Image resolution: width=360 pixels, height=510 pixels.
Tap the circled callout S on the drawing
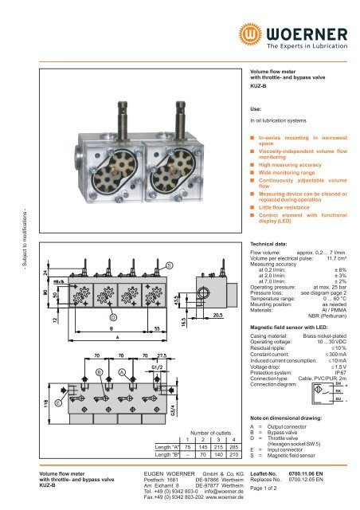pos(169,265)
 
